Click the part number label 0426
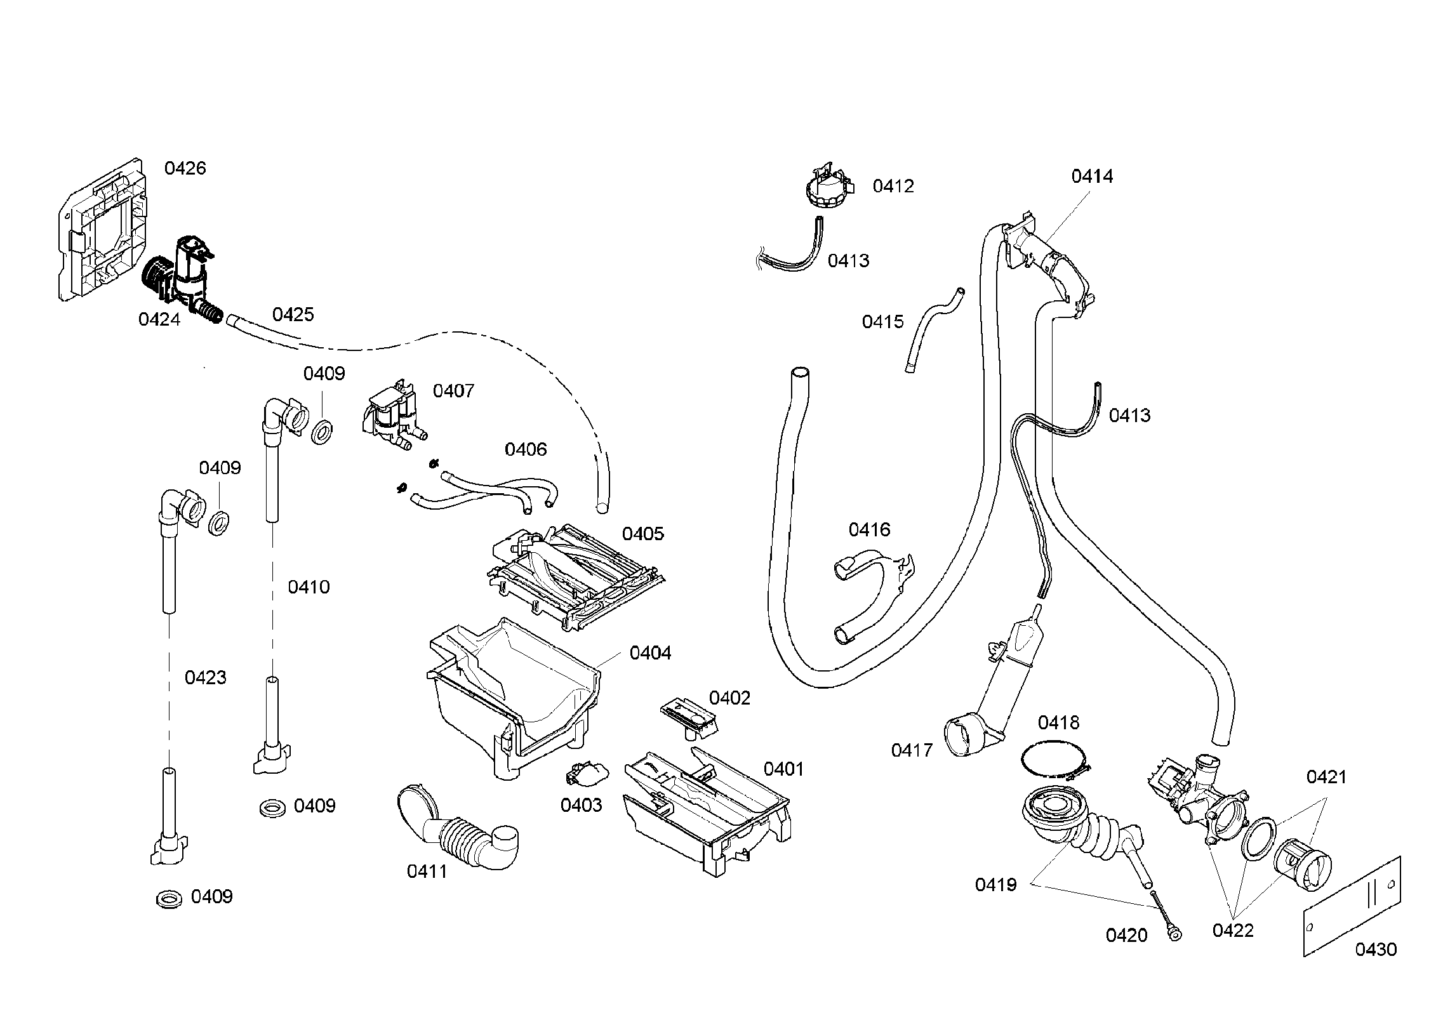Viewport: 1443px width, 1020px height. point(185,168)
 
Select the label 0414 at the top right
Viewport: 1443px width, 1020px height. point(1092,176)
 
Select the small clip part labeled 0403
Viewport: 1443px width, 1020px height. point(585,775)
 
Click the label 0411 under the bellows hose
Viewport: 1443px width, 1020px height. point(427,871)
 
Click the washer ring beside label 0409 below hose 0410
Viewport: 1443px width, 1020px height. point(273,809)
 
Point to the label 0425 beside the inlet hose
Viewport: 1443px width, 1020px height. point(293,315)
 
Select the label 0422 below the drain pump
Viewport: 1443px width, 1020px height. point(1233,931)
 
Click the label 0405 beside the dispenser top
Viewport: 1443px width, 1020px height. point(642,534)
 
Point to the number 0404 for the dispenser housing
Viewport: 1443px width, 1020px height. point(650,652)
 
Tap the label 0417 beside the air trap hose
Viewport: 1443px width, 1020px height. point(912,750)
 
